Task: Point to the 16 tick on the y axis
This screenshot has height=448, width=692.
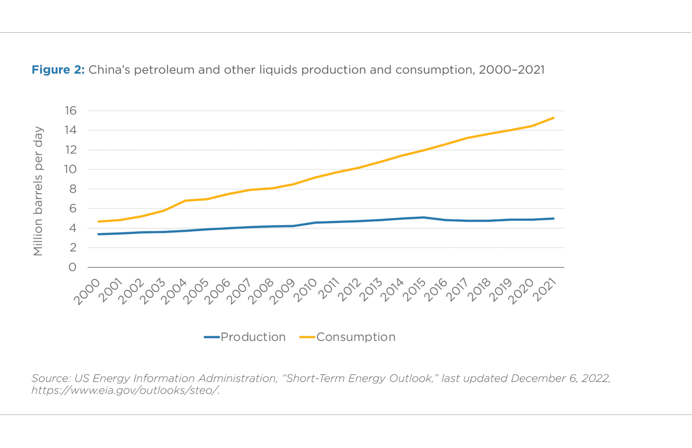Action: point(71,111)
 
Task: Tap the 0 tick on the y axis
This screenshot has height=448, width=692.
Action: point(72,267)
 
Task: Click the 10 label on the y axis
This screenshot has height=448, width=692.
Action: point(70,169)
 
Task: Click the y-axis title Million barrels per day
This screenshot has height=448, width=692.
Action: point(38,191)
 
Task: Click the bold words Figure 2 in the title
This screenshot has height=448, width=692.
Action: point(58,70)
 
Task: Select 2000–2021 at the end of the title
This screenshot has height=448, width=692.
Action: point(511,70)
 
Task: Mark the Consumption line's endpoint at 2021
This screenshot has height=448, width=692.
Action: point(553,118)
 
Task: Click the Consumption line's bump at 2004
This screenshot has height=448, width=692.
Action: point(185,201)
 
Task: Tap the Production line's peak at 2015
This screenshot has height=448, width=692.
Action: point(423,217)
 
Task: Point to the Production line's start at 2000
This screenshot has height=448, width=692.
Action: point(98,234)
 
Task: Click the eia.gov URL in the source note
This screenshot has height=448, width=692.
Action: point(125,390)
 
